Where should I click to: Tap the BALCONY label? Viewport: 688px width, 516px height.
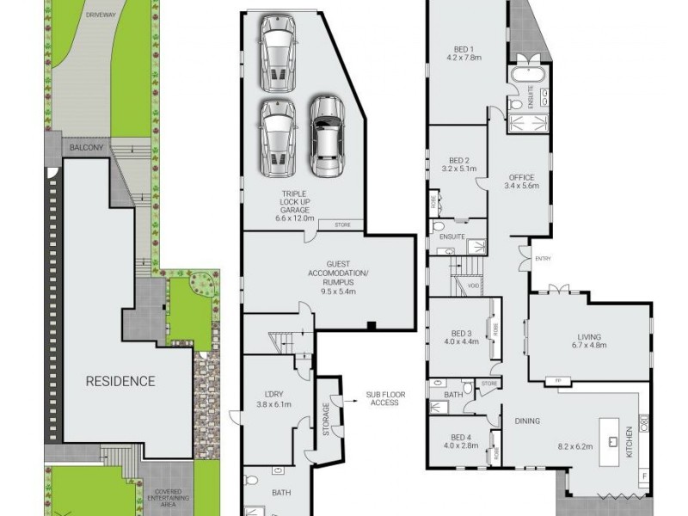point(86,148)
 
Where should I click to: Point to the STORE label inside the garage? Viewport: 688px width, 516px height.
point(342,225)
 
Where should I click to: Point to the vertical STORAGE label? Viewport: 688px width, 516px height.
point(326,419)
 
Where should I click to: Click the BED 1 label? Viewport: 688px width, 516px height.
point(466,49)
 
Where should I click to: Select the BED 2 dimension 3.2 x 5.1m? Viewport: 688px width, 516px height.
point(458,169)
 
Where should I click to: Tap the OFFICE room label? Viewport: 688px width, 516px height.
point(522,177)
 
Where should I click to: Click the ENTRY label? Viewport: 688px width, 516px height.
point(543,258)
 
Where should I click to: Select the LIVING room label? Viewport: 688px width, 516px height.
point(589,337)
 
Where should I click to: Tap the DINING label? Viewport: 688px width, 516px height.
point(527,421)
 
